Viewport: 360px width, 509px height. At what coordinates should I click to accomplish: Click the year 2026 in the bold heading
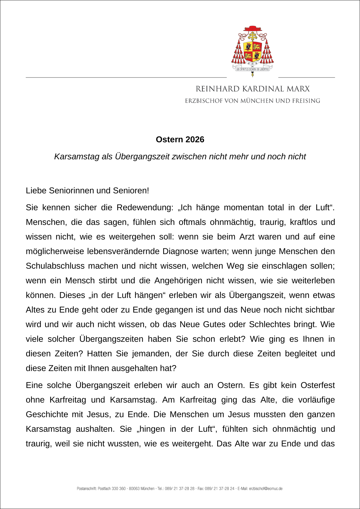[x=195, y=140]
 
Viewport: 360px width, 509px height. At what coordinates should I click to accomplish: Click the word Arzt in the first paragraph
[x=247, y=237]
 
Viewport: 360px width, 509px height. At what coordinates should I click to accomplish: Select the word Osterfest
[x=317, y=385]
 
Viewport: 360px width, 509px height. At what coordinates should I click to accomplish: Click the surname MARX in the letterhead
[x=298, y=89]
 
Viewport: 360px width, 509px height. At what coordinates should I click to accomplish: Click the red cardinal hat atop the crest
[x=253, y=28]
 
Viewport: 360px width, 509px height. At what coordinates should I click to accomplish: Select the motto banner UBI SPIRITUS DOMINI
[x=252, y=69]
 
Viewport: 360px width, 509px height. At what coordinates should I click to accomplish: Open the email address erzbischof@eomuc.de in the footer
[x=266, y=489]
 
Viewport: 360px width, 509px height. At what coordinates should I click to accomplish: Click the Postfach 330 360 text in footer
[x=112, y=489]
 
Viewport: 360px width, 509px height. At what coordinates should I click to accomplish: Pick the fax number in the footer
[x=220, y=489]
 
